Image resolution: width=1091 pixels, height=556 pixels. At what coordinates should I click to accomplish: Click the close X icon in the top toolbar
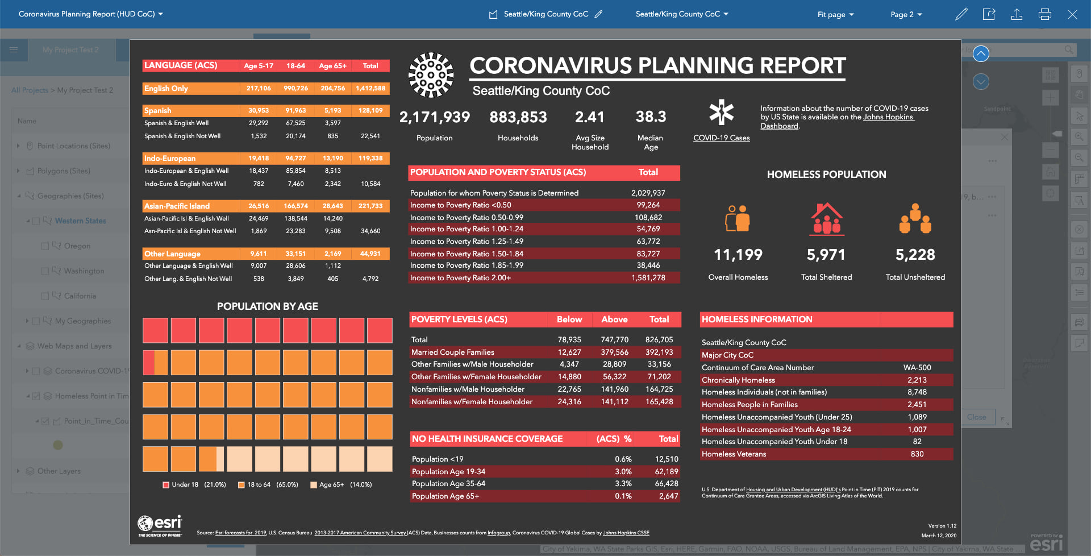click(x=1072, y=14)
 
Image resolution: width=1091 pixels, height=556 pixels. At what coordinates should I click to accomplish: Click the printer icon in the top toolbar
click(x=1044, y=14)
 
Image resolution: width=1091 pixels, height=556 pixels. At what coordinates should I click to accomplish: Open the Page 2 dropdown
click(x=906, y=14)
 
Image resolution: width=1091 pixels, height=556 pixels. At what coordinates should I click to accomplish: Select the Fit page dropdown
click(x=835, y=14)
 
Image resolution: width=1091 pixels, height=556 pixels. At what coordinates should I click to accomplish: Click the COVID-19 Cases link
click(x=721, y=138)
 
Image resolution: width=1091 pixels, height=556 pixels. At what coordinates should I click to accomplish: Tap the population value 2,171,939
click(x=435, y=117)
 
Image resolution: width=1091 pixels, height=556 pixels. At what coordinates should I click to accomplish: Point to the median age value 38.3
click(x=651, y=117)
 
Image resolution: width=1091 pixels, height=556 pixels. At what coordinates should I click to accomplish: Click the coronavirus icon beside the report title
click(x=431, y=75)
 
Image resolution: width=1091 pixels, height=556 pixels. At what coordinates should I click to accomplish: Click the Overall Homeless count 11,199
click(x=738, y=255)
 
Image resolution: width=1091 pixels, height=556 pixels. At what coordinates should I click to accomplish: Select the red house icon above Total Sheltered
click(x=827, y=219)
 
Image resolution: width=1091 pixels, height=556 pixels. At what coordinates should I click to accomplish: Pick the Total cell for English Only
click(x=370, y=88)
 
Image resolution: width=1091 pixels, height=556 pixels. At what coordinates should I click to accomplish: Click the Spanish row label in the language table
click(x=158, y=110)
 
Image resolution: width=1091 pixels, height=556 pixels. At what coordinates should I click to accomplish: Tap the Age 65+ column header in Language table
click(x=332, y=66)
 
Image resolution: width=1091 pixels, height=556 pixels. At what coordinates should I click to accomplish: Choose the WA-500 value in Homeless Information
click(x=917, y=367)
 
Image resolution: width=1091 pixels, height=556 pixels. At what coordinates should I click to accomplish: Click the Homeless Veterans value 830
click(x=917, y=454)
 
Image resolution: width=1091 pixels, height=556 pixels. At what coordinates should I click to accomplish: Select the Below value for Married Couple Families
click(x=569, y=352)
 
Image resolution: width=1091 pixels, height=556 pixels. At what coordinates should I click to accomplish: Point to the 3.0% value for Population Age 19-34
click(x=623, y=471)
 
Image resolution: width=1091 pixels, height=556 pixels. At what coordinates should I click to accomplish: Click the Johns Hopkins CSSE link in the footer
click(x=626, y=533)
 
